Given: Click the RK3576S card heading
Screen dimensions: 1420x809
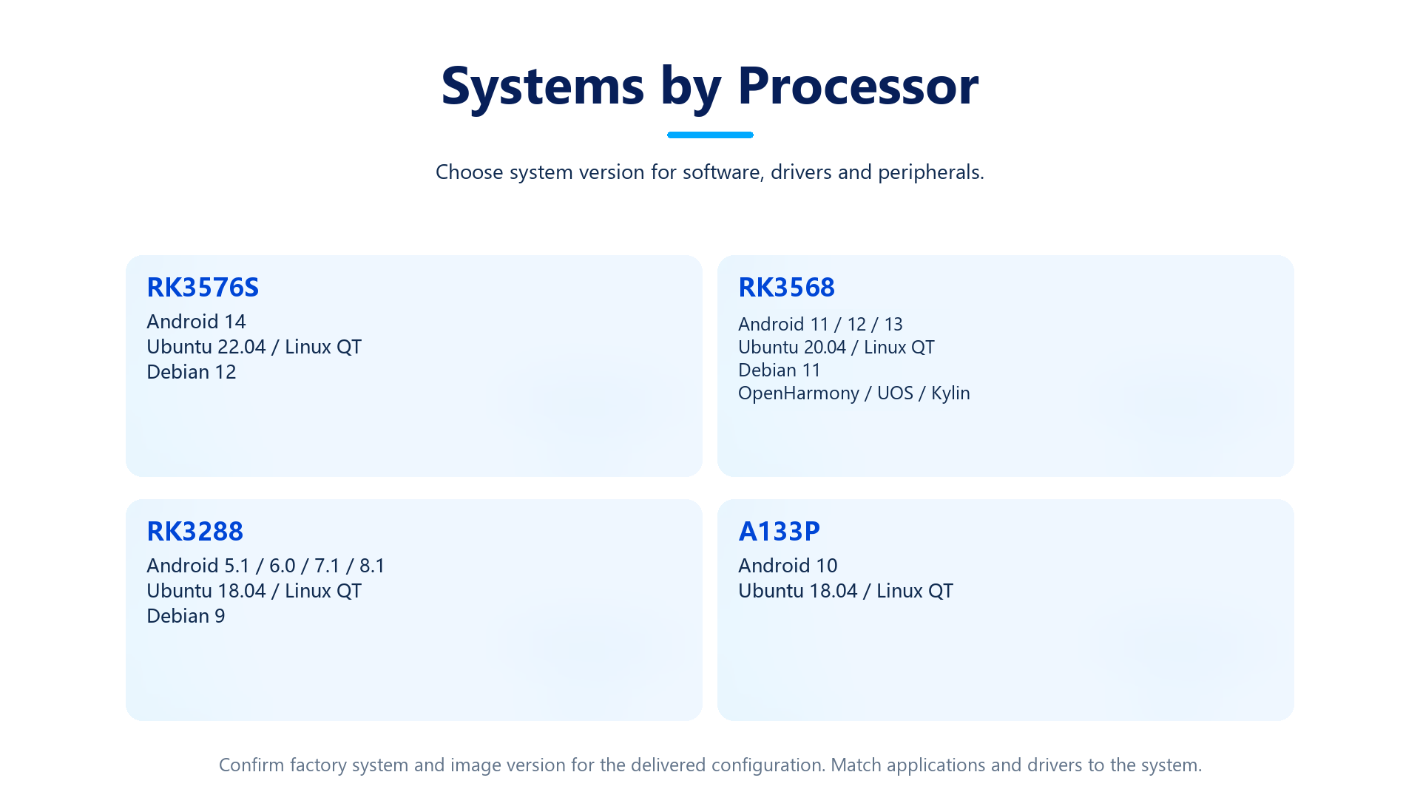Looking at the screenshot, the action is (203, 287).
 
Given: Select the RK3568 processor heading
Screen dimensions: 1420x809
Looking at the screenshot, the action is (786, 287).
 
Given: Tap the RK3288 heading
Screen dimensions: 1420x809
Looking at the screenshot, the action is (195, 531).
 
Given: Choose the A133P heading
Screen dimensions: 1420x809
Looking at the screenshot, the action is (779, 531).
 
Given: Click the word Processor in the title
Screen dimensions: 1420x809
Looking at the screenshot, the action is (858, 86).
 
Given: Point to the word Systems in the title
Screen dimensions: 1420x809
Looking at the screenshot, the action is (543, 86).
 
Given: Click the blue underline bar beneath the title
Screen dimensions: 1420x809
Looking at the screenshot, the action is (710, 135).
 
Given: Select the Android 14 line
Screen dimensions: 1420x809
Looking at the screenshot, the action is (196, 322).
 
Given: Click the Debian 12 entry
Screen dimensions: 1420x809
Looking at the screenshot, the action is (191, 372).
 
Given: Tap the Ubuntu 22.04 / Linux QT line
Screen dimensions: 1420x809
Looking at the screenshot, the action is (254, 347).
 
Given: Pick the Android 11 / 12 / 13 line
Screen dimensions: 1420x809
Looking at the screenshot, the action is (820, 325).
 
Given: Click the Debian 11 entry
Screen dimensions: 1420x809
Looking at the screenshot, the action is (780, 370).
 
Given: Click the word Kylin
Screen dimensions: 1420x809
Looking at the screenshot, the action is (950, 393).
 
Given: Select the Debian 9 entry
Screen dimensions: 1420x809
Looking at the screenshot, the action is (186, 616).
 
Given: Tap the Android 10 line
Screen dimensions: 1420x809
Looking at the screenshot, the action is (788, 566).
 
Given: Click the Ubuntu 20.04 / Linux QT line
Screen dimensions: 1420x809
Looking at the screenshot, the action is (836, 348).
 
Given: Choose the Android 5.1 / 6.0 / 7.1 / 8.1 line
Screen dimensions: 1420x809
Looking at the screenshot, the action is (266, 566).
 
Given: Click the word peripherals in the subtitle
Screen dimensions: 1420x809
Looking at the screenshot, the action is (930, 172).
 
